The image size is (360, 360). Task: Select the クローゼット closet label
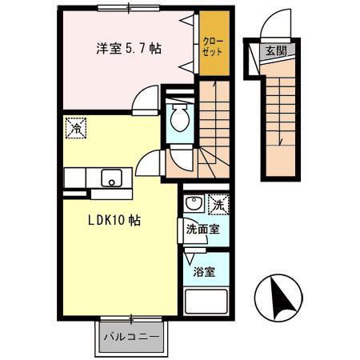(x=213, y=45)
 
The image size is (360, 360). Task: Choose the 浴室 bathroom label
(x=203, y=271)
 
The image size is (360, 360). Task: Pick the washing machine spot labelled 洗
(x=218, y=205)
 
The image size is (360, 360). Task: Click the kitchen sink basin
(x=110, y=177)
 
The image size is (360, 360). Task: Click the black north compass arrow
(x=281, y=300)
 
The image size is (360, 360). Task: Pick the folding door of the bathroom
(x=189, y=258)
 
